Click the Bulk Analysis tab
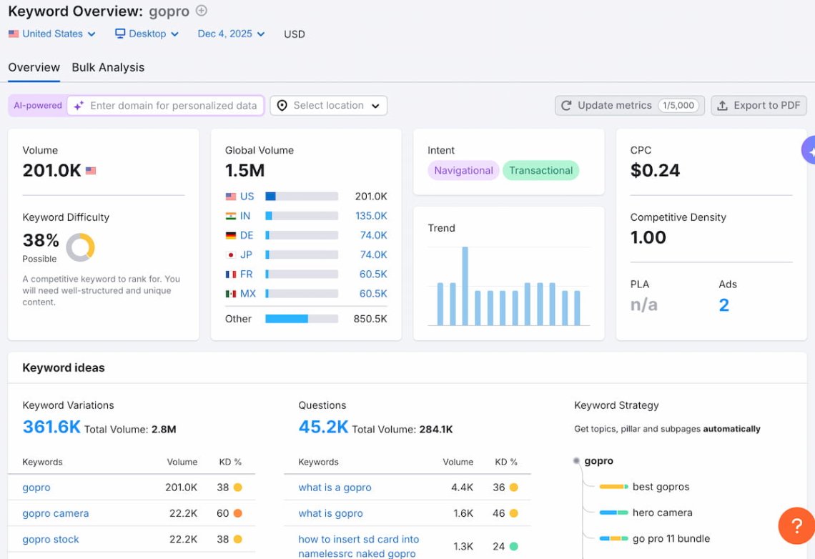tap(108, 67)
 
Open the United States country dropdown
tap(51, 34)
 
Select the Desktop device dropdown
tap(147, 34)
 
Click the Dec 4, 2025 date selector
tap(231, 34)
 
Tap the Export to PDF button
tap(759, 105)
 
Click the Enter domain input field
tap(172, 106)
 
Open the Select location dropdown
tap(328, 106)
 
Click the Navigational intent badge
tap(463, 170)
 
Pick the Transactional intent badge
tap(540, 170)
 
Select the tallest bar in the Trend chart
tap(465, 286)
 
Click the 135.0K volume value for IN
tap(371, 216)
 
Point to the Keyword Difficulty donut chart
tap(80, 247)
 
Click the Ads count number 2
tap(723, 305)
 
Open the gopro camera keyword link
tap(56, 513)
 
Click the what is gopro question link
tap(330, 513)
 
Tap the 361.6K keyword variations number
tap(51, 427)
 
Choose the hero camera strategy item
tap(662, 513)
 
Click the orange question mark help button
tap(796, 526)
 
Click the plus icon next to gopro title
tap(202, 11)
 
